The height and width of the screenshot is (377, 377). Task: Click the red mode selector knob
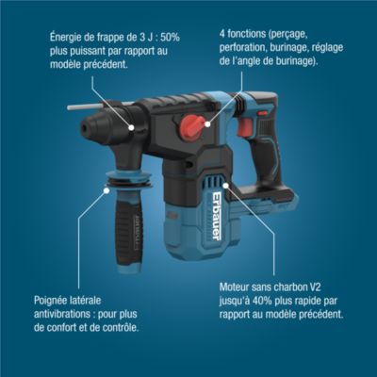(x=191, y=125)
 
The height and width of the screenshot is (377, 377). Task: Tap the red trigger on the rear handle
(x=245, y=127)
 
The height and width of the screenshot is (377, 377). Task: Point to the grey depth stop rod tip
(x=70, y=107)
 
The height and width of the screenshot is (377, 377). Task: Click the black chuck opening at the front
(x=85, y=128)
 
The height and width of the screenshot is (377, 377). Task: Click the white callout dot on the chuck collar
(x=131, y=127)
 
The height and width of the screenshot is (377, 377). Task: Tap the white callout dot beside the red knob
(x=207, y=124)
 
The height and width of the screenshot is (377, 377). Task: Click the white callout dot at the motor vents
(x=225, y=185)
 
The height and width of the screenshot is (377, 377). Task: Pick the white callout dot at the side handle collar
(x=107, y=190)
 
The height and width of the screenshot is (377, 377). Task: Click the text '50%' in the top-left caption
(x=170, y=38)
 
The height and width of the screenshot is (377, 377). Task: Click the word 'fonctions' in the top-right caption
(x=245, y=34)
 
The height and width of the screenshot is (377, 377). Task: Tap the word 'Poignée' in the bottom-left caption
(x=50, y=301)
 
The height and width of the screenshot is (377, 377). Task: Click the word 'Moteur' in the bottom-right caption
(x=234, y=287)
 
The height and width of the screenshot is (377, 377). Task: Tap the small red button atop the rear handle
(x=262, y=112)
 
